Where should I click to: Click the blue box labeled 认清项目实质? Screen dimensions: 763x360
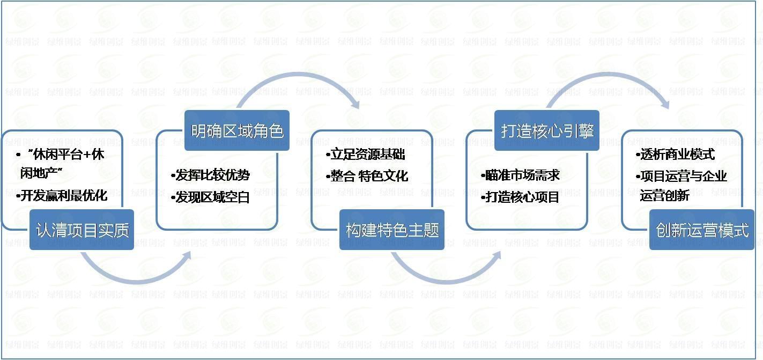(x=82, y=230)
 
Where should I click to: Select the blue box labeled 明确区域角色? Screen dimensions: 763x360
(x=237, y=130)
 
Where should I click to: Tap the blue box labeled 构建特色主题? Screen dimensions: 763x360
(x=392, y=230)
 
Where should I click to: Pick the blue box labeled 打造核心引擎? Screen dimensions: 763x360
(x=547, y=130)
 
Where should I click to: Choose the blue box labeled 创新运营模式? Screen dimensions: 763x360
(x=702, y=230)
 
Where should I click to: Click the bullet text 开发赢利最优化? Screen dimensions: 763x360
(x=62, y=196)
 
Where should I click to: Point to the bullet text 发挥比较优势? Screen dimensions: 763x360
(x=211, y=175)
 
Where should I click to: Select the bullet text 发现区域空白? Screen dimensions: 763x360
(x=211, y=197)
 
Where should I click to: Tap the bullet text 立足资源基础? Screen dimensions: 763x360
(x=366, y=155)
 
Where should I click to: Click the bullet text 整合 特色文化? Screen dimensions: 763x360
(x=367, y=176)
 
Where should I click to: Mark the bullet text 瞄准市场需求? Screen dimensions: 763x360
(x=520, y=175)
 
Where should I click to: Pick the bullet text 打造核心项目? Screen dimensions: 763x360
(x=520, y=197)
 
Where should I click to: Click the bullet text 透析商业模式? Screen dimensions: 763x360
(x=676, y=155)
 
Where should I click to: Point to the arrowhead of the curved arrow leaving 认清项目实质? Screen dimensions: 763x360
(x=187, y=256)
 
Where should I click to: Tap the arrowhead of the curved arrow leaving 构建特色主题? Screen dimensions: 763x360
(x=497, y=256)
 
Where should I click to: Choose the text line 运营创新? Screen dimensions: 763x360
(x=664, y=196)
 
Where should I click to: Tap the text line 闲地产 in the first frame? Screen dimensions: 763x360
(x=41, y=173)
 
